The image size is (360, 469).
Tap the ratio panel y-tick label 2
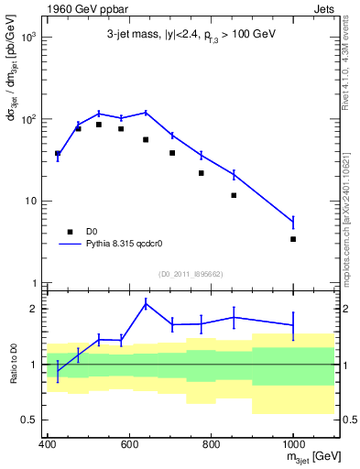pyautogui.click(x=37, y=309)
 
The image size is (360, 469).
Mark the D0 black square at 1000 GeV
pyautogui.click(x=293, y=239)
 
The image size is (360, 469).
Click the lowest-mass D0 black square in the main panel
pyautogui.click(x=58, y=154)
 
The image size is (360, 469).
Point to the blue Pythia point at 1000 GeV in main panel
pyautogui.click(x=293, y=222)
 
